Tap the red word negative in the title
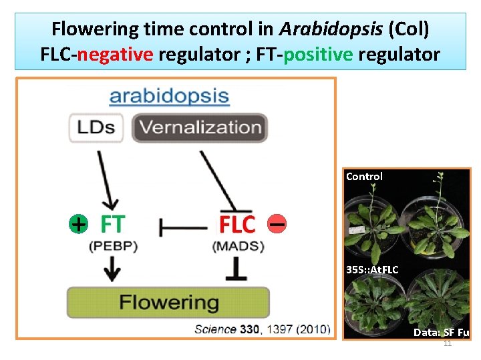[115, 54]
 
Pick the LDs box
[96, 127]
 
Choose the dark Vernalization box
[200, 127]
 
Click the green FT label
[112, 224]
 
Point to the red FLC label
[237, 225]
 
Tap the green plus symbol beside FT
[78, 224]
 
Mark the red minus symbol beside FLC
[276, 225]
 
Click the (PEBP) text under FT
[112, 246]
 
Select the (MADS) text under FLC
[238, 246]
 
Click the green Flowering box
[168, 302]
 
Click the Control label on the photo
[364, 177]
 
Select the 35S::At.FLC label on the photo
[372, 270]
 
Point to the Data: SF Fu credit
[441, 332]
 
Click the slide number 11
[448, 343]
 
